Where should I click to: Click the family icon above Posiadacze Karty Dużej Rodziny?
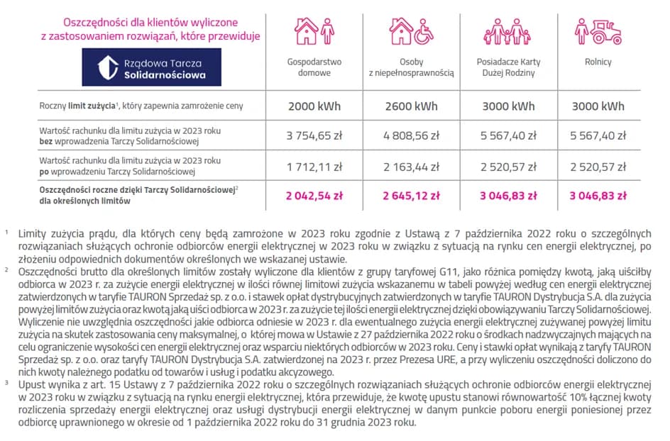[507, 32]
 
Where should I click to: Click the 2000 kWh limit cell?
[314, 106]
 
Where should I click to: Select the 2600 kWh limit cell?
[411, 106]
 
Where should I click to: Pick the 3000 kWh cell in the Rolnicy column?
[598, 106]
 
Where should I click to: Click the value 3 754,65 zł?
[314, 135]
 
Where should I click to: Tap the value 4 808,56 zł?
[411, 135]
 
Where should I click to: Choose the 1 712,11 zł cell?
[314, 167]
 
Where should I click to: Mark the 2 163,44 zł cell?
[411, 167]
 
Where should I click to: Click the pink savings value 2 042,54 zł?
[314, 196]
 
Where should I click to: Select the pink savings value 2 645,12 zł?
[411, 196]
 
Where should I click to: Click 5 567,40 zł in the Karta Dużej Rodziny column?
[508, 135]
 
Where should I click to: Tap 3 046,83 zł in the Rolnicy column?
[598, 196]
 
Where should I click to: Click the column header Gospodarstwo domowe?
[314, 67]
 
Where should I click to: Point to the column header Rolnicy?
[598, 62]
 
